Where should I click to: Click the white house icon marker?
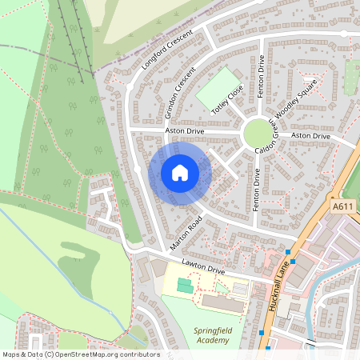pyautogui.click(x=180, y=172)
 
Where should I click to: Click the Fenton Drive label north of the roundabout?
pyautogui.click(x=261, y=77)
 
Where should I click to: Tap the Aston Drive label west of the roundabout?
pyautogui.click(x=185, y=130)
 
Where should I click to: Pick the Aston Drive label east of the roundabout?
pyautogui.click(x=310, y=137)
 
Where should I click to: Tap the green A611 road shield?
pyautogui.click(x=342, y=206)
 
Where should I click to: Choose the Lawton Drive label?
pyautogui.click(x=202, y=270)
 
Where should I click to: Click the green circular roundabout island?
pyautogui.click(x=258, y=134)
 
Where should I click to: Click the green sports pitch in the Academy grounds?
pyautogui.click(x=185, y=285)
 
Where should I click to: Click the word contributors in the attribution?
pyautogui.click(x=137, y=354)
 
